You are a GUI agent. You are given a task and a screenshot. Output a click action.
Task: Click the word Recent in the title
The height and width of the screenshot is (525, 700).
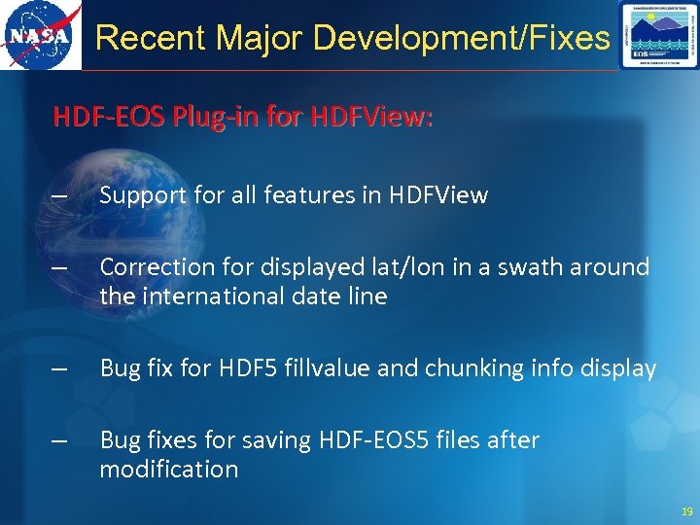point(151,38)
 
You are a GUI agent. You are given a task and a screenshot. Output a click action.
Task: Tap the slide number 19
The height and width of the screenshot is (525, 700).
point(687,511)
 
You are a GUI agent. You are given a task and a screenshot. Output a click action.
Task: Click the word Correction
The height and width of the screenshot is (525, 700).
point(150,266)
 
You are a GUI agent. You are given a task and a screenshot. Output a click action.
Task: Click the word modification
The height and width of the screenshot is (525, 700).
point(168,470)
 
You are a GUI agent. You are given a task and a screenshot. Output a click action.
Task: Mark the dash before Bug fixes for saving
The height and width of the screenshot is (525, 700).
point(60,441)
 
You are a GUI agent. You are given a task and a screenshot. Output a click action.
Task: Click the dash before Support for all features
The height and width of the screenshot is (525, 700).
point(60,196)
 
